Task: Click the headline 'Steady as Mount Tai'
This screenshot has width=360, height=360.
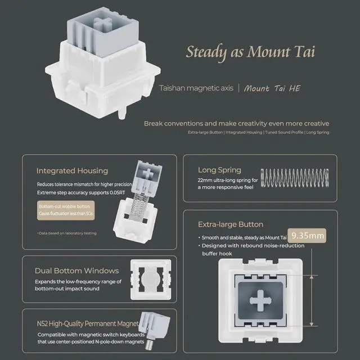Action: (250, 52)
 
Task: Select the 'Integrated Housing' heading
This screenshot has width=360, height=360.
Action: (72, 170)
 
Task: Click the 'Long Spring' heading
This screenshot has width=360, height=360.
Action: (219, 169)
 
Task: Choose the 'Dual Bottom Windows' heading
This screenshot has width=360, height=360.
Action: (76, 271)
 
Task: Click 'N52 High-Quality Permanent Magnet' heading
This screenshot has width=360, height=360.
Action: (88, 323)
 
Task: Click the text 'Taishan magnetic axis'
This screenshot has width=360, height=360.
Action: (194, 88)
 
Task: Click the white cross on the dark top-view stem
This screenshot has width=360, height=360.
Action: (260, 301)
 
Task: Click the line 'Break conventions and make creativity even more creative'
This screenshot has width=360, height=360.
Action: (236, 123)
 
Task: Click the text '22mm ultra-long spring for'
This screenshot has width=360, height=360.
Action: (228, 180)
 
